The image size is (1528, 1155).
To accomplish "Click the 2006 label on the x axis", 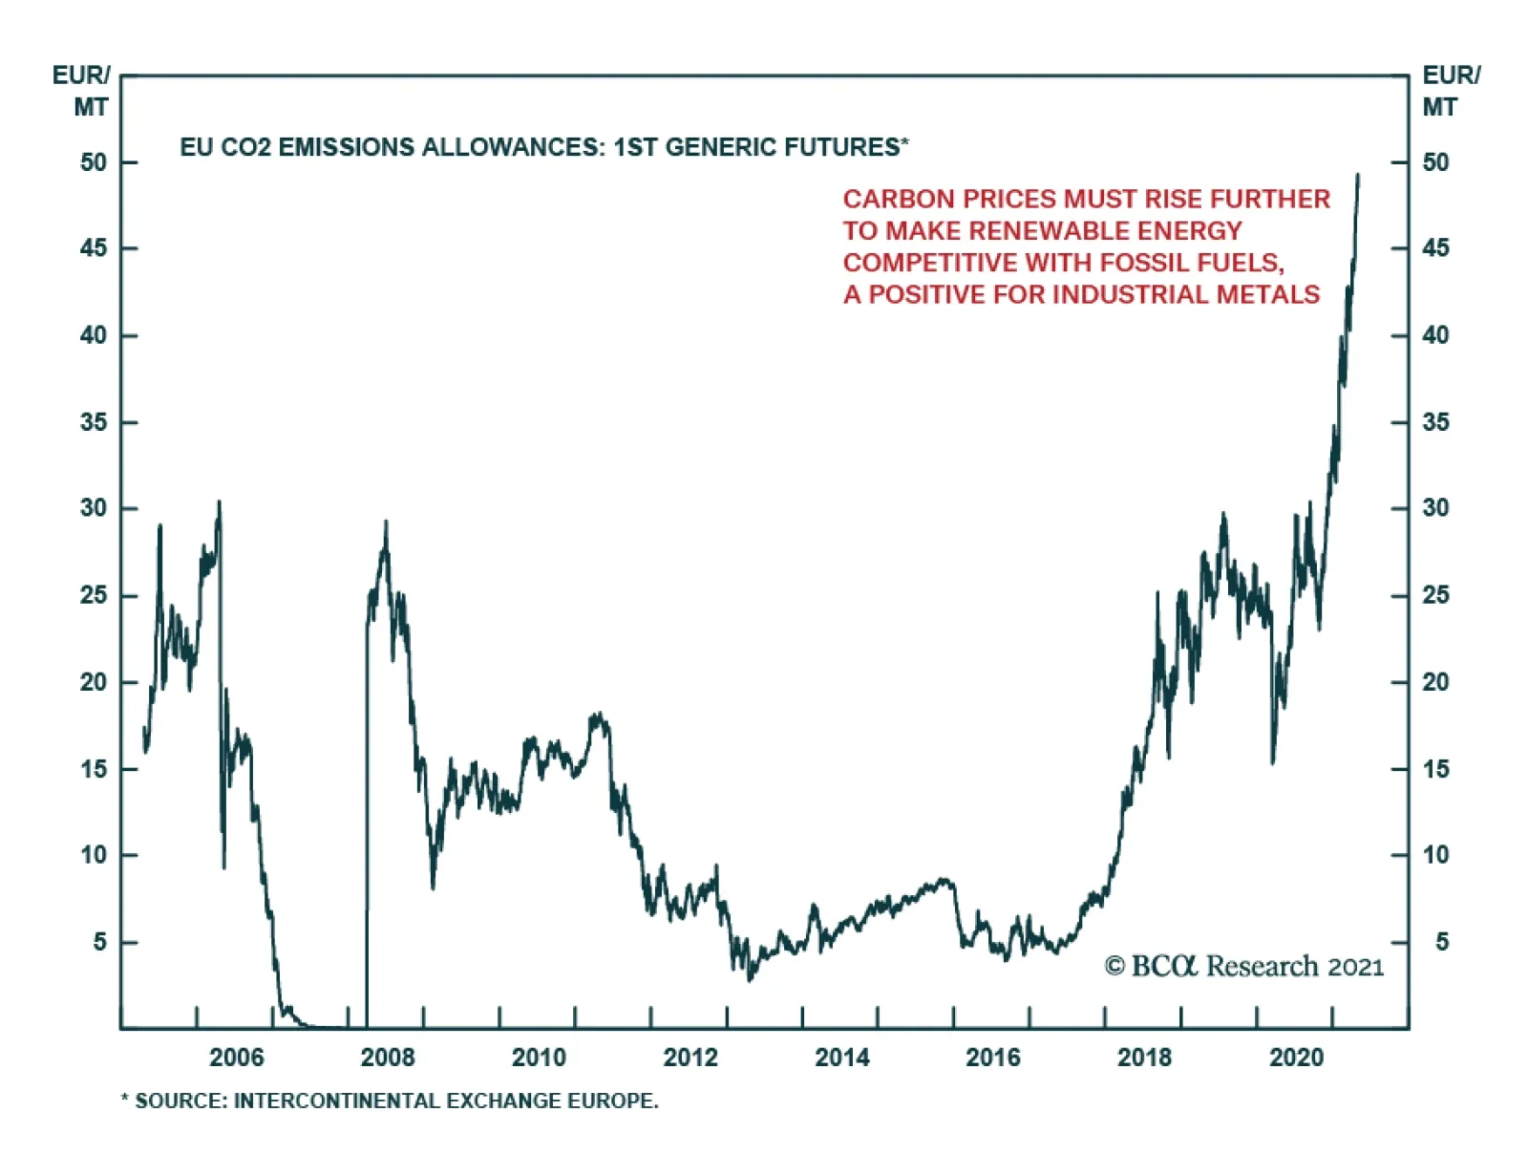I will point(236,1058).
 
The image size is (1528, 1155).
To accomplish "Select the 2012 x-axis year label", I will point(690,1058).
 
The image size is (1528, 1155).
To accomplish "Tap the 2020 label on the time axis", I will point(1296,1058).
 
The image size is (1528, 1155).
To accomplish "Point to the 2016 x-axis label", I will point(993,1058).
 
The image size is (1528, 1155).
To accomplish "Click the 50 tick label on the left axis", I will point(94,162).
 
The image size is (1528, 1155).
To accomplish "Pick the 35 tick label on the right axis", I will point(1435,422).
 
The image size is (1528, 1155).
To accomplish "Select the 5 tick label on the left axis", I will point(100,942).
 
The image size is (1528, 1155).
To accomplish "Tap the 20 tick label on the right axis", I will point(1435,682).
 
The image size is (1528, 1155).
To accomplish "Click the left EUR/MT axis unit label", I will point(82,91).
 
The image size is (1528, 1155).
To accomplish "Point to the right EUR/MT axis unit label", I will point(1451,91).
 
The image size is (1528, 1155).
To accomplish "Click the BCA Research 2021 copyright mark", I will point(1243,967).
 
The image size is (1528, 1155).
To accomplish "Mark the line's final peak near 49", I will point(1358,176).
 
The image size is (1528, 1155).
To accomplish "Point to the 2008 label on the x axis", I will point(388,1058).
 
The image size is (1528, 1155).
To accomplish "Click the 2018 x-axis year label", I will point(1144,1058).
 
